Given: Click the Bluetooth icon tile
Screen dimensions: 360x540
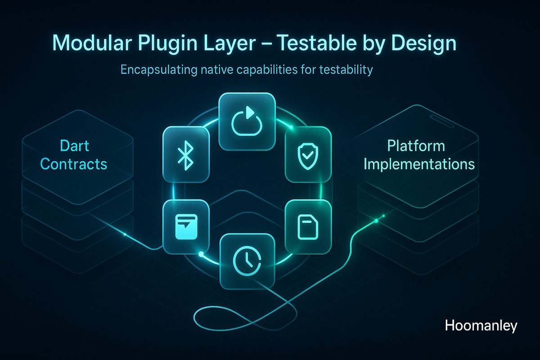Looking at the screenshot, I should (184, 154).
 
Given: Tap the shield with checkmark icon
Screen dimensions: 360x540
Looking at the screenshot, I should (308, 154).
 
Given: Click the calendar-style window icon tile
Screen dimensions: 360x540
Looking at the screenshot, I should (185, 226).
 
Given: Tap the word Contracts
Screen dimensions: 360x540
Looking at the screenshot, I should (74, 164).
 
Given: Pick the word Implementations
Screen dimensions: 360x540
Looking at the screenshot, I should (419, 164).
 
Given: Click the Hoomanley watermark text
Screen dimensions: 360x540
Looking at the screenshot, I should (481, 326).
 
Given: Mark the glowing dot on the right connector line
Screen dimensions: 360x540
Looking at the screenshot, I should (376, 220).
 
